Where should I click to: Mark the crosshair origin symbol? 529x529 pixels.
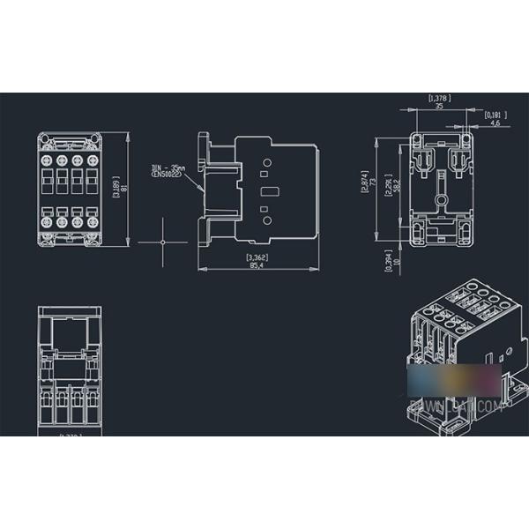(x=163, y=242)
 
